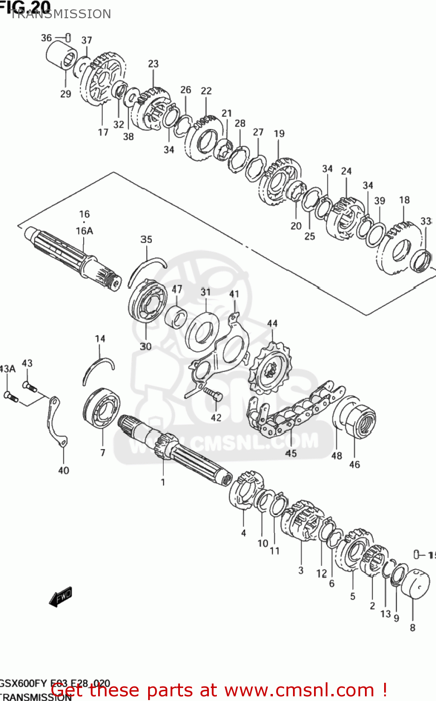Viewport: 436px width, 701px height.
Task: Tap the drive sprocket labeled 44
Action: pos(270,369)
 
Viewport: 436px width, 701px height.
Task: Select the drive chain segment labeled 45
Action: pos(292,411)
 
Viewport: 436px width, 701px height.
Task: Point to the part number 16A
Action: pos(84,230)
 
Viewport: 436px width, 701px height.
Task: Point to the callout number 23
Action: pos(153,64)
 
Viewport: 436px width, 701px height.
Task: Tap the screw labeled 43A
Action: pos(10,396)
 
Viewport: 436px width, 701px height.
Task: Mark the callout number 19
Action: pos(279,134)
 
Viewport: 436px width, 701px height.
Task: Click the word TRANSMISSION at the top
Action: pos(61,14)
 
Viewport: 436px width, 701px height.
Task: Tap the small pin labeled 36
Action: pos(68,37)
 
